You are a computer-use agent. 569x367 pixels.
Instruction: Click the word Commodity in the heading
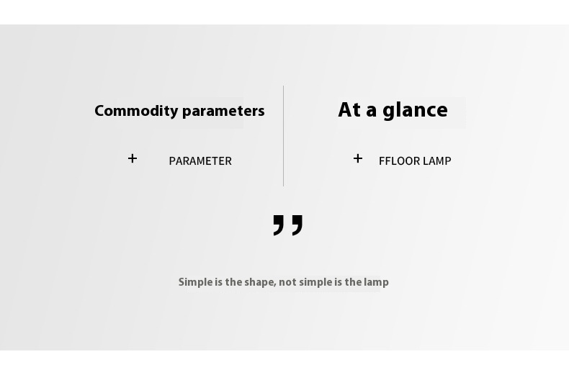136,112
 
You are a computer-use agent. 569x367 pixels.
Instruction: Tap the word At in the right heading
350,110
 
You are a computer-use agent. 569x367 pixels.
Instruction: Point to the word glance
415,111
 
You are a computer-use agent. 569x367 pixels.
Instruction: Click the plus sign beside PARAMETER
133,158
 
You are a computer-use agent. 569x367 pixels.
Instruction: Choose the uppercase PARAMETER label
200,161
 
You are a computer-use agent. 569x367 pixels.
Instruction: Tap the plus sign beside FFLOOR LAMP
358,158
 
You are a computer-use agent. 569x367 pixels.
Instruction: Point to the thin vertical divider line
283,136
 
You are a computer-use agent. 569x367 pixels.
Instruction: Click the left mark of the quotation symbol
278,225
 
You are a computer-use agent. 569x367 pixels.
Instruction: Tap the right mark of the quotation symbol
297,225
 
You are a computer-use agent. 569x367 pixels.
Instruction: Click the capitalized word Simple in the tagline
195,283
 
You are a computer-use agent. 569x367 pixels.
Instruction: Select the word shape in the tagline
259,283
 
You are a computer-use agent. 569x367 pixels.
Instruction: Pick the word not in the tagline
288,283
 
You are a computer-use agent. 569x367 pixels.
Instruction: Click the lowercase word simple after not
315,283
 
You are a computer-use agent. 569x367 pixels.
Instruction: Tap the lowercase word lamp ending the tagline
376,283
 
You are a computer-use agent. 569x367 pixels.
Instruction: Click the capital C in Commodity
99,111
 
